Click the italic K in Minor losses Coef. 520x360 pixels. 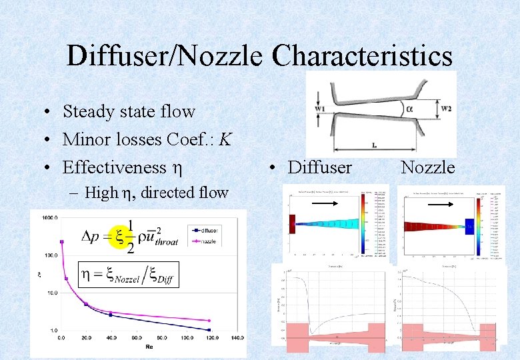[x=226, y=139]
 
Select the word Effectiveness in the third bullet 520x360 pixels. [x=114, y=167]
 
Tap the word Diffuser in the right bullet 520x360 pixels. [x=319, y=167]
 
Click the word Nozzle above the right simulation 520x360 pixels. [x=427, y=167]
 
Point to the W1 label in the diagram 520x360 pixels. [x=320, y=108]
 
